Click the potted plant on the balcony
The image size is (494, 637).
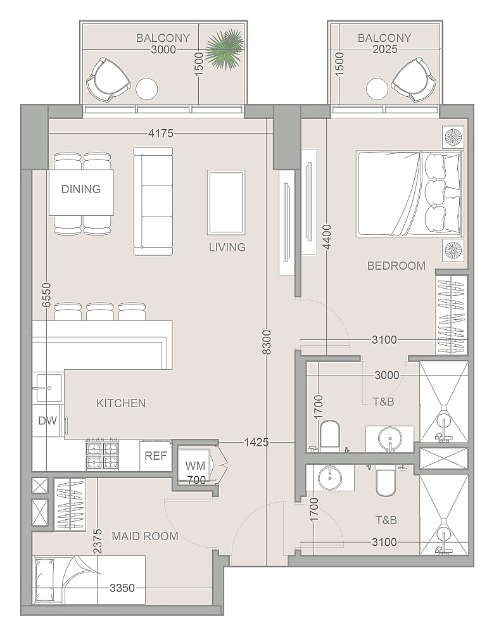tap(224, 48)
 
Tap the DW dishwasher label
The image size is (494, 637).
tap(47, 420)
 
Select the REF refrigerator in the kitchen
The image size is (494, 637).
tap(156, 455)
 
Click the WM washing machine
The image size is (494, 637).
tap(195, 465)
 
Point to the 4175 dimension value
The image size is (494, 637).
tap(161, 133)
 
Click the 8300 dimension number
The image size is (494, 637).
tap(266, 343)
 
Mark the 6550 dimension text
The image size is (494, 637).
tap(47, 295)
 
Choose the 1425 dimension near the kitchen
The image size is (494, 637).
tap(256, 442)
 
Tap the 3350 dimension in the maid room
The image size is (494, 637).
tap(122, 588)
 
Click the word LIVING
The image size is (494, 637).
tap(227, 247)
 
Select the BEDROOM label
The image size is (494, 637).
tap(396, 266)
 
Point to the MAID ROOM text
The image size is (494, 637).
tap(145, 536)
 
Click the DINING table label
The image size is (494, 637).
tap(81, 189)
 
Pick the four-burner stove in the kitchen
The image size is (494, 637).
tap(102, 455)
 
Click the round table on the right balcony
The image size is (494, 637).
tap(377, 89)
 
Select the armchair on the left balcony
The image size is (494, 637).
tap(109, 80)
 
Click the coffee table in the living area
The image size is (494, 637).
tap(226, 203)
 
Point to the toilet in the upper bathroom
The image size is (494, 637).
tap(329, 436)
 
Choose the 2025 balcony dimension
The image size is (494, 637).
tap(385, 49)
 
